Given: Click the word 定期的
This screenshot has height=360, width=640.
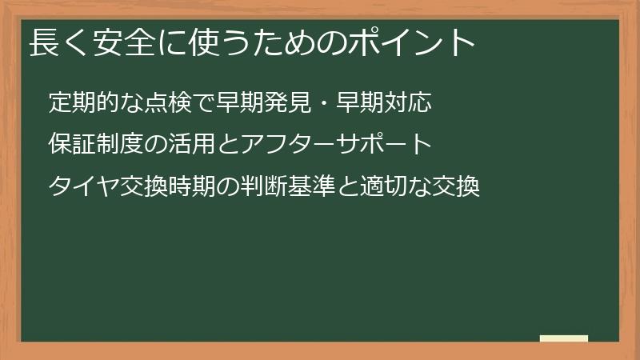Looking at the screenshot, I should tap(82, 102).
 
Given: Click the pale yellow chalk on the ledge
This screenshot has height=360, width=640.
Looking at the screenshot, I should tap(564, 338).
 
